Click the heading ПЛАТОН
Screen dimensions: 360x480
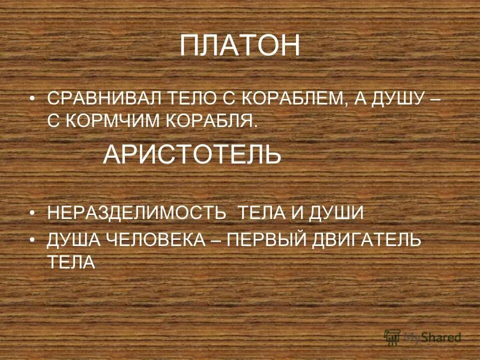(x=240, y=46)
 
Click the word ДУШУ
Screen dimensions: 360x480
(x=394, y=98)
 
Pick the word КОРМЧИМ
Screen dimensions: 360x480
(x=113, y=122)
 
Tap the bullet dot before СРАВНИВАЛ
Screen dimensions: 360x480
(x=33, y=98)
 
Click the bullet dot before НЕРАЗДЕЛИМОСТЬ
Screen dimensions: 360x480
(x=33, y=213)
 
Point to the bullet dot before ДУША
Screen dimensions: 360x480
(x=33, y=240)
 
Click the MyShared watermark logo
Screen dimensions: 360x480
(x=422, y=336)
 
